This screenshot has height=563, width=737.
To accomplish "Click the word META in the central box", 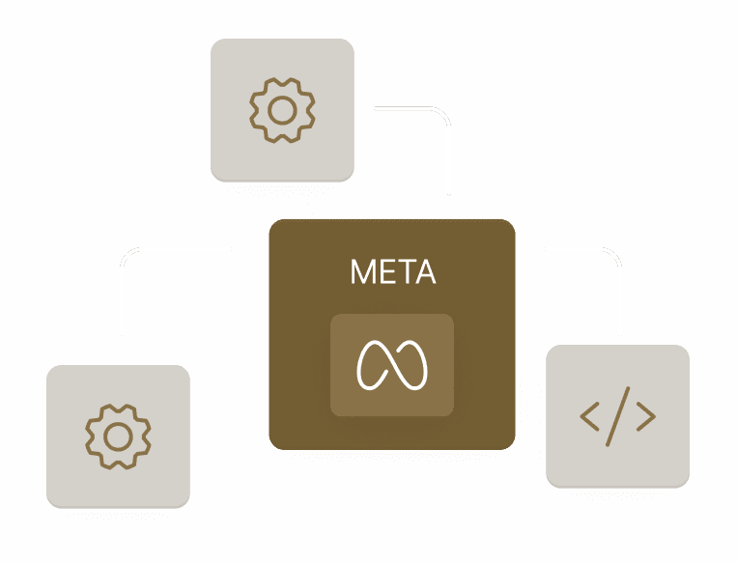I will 392,273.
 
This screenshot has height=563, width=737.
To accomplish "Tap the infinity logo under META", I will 392,365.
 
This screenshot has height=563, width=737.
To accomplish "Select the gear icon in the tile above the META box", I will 282,110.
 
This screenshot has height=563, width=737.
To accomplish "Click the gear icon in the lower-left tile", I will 118,436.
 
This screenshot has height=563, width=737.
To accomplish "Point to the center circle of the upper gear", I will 282,110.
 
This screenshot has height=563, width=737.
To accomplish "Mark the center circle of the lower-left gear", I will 118,436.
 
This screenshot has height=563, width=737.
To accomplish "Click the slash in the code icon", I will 617,416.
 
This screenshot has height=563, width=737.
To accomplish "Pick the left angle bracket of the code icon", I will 588,416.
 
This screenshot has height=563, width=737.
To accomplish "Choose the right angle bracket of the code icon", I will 646,416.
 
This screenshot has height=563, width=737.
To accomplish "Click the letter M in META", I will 360,273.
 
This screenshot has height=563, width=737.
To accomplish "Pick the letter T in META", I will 404,273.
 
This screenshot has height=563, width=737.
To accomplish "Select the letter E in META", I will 383,273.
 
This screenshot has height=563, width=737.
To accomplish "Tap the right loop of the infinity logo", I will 412,364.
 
